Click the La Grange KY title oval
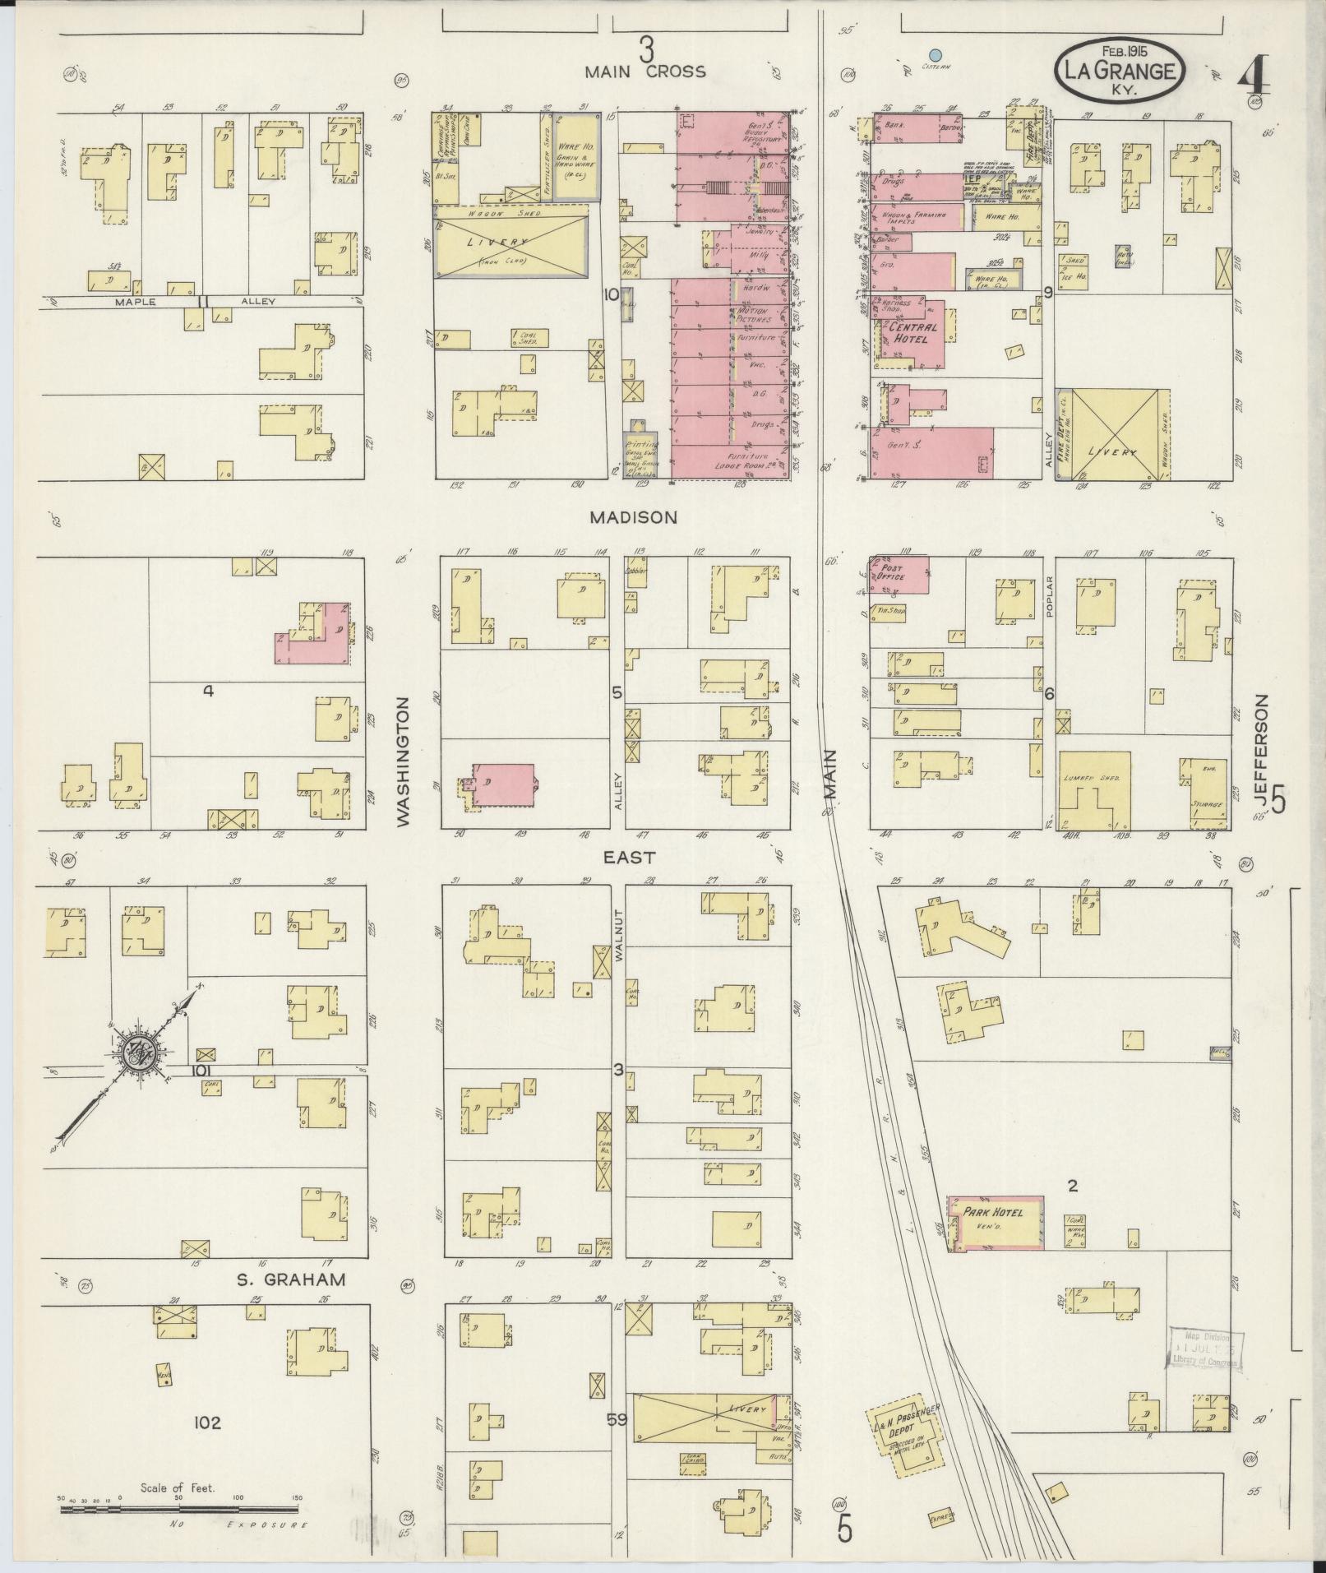pyautogui.click(x=1119, y=71)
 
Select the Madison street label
pyautogui.click(x=632, y=517)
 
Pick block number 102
pyautogui.click(x=207, y=1423)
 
